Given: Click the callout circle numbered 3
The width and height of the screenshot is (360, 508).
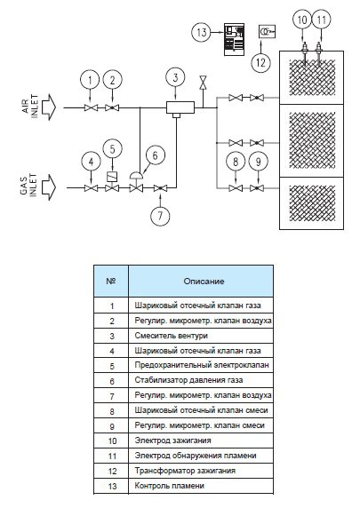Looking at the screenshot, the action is pos(175,78).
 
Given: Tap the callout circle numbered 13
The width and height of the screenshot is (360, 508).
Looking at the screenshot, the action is pos(202,32).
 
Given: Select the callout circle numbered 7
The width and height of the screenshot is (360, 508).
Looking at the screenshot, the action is pos(160,216).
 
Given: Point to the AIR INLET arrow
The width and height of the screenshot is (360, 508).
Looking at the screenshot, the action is pos(49,107).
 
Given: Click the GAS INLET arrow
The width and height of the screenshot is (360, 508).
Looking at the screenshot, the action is pos(49,187).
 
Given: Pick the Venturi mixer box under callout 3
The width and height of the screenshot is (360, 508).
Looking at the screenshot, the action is pos(180,107).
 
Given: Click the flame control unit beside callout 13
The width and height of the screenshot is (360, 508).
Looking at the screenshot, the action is pos(235,39).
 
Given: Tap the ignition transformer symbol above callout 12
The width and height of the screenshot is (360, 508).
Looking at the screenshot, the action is pos(267,31).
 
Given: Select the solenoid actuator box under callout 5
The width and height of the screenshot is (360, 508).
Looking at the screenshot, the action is pos(112,176).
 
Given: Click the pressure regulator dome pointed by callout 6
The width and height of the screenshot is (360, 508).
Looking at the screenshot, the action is pos(137,175).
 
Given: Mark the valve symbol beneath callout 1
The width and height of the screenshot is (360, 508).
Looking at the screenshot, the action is pos(92,107).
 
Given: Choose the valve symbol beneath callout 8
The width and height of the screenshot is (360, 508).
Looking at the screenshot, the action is pos(236,188).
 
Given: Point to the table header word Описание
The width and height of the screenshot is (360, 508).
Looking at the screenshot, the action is pos(204,282).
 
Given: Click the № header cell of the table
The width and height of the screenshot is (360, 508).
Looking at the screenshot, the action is pos(111,281).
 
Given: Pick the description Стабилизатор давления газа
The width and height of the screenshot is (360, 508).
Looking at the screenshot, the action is pos(188,380).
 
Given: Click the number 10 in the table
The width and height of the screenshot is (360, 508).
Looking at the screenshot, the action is pos(112,441).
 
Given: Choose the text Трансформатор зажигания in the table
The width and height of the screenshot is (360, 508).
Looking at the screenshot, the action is pos(185,471).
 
